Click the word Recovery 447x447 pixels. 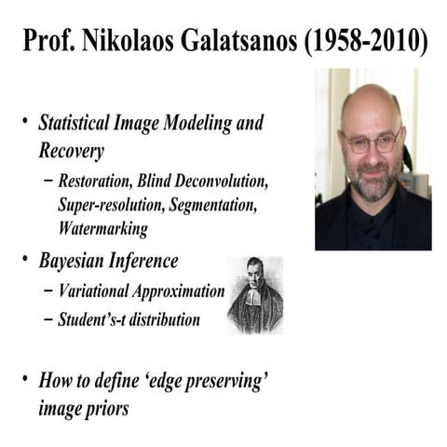(72, 149)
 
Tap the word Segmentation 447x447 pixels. (228, 203)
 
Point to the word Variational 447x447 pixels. (98, 290)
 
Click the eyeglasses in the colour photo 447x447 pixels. (370, 142)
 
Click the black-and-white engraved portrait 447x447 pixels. (254, 295)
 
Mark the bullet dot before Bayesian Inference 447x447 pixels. (24, 260)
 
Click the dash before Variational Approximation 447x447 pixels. (47, 290)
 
